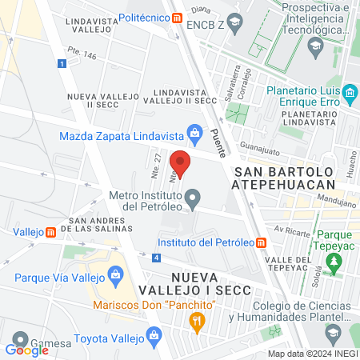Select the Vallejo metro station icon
[50, 233]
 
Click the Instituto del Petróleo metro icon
[262, 242]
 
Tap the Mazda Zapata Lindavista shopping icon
[194, 132]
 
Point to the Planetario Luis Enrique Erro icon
[349, 95]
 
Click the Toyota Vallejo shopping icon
[153, 337]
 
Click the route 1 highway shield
[62, 63]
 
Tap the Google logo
[27, 350]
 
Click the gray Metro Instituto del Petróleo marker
[192, 197]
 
